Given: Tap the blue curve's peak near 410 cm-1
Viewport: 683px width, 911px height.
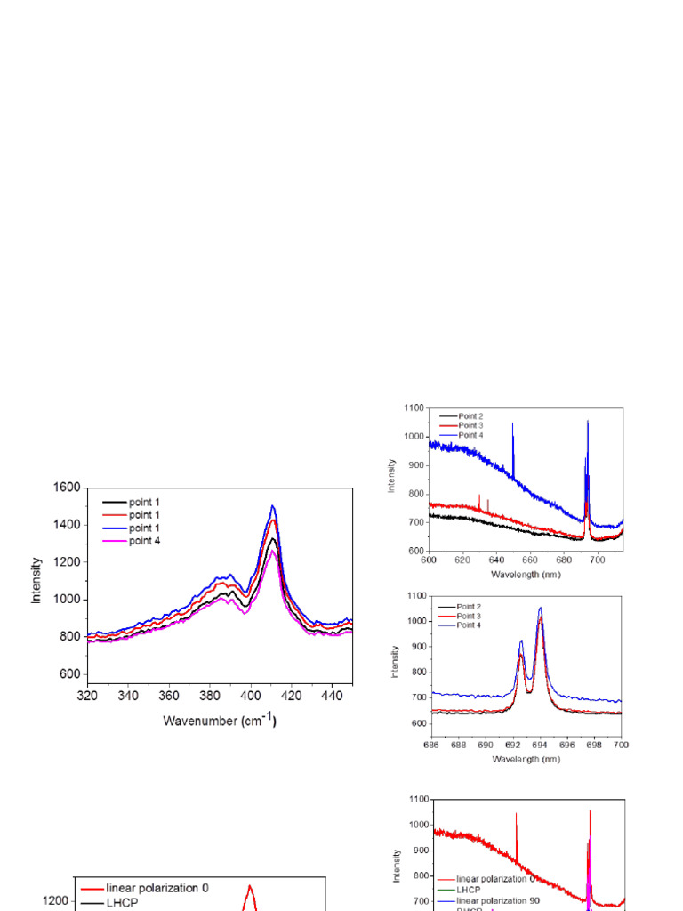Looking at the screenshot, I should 273,506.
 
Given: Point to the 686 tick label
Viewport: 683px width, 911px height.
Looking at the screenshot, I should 431,743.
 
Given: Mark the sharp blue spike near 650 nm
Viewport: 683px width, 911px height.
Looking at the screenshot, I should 513,425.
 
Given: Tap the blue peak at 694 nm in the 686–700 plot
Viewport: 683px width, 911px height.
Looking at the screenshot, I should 541,609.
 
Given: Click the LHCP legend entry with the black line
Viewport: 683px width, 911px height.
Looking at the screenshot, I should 125,902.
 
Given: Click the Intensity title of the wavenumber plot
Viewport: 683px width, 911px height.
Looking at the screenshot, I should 36,581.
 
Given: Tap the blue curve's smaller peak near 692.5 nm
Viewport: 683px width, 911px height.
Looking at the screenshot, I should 521,641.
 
